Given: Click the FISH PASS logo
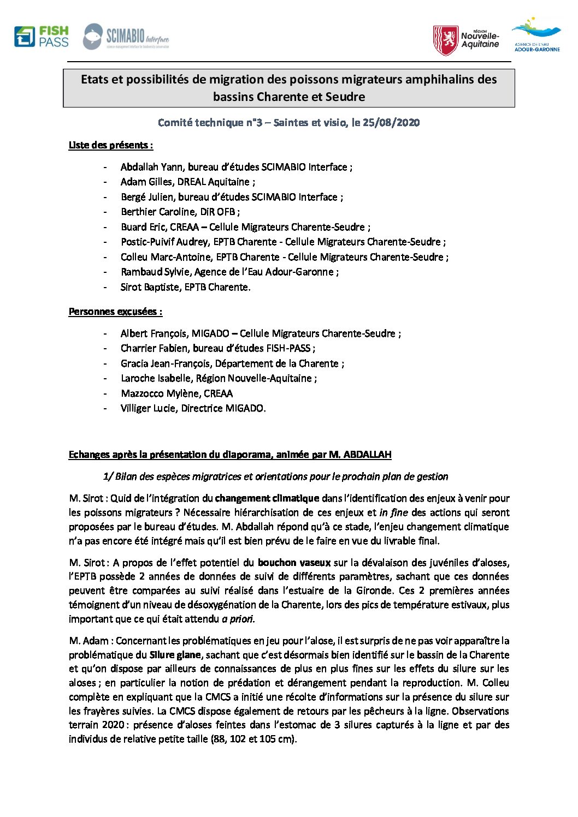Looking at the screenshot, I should click(x=42, y=37).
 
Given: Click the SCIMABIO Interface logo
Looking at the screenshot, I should click(x=126, y=37).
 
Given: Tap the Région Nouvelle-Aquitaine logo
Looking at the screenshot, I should click(x=465, y=40).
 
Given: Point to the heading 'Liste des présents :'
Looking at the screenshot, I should click(x=110, y=145).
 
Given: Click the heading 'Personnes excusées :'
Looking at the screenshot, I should click(x=115, y=312).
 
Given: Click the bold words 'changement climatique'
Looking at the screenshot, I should click(x=267, y=498).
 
